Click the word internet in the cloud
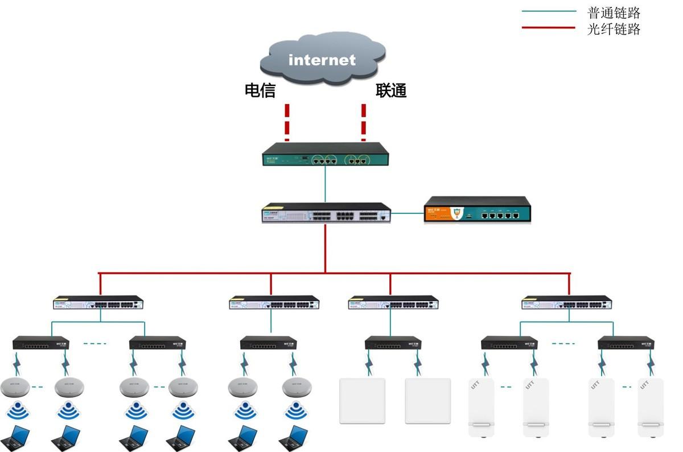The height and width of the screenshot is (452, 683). (x=322, y=60)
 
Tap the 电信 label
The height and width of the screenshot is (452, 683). (x=260, y=91)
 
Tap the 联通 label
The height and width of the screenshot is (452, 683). (x=391, y=91)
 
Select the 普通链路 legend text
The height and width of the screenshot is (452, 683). (x=614, y=13)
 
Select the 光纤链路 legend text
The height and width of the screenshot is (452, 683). (x=614, y=29)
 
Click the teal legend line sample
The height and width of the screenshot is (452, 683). (x=549, y=11)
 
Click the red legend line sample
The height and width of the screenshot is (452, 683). (x=549, y=27)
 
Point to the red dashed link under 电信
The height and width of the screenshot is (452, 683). (x=287, y=122)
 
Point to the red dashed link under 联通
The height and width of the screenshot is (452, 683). (x=364, y=122)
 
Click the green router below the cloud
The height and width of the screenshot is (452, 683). (x=326, y=154)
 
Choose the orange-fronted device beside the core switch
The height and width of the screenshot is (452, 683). (x=478, y=209)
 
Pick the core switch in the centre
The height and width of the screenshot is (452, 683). (x=326, y=212)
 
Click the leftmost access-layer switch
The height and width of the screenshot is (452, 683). (x=98, y=302)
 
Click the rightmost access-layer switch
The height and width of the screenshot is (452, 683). (x=567, y=302)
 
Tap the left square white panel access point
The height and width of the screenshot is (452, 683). (x=363, y=401)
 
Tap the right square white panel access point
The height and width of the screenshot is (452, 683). (x=428, y=401)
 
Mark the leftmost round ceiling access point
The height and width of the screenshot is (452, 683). (x=15, y=388)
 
